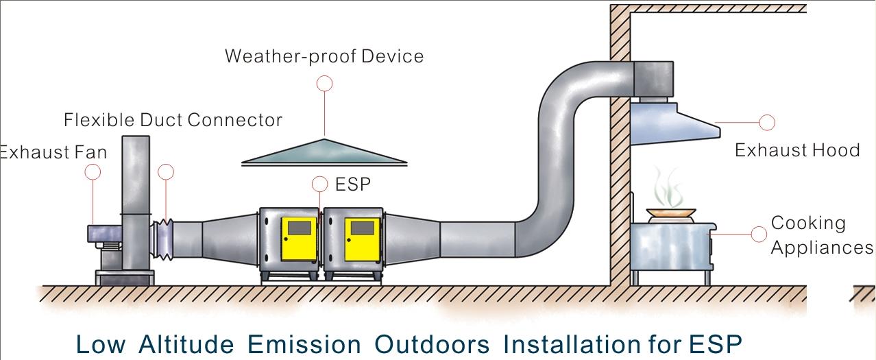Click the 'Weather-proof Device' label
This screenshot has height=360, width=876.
[x=324, y=56]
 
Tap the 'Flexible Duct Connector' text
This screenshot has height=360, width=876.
[x=173, y=120]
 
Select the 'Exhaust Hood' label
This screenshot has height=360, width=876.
[x=796, y=150]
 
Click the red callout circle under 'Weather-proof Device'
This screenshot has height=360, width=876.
[x=325, y=84]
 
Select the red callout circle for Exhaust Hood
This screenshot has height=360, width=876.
[x=767, y=123]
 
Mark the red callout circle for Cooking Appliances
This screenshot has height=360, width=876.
[x=759, y=234]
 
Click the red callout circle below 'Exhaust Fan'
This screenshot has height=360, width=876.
[x=93, y=172]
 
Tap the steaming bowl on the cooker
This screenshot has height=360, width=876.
[x=670, y=213]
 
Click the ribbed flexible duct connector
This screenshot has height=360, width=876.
[x=165, y=239]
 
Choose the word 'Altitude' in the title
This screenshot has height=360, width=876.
[x=185, y=344]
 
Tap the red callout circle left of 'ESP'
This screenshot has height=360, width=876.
[x=319, y=184]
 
